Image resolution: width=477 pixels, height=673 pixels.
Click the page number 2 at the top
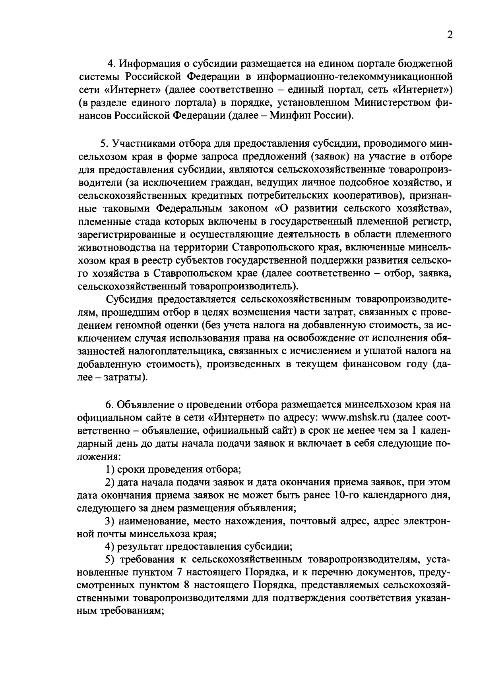(x=450, y=35)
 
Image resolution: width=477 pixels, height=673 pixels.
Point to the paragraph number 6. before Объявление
(x=109, y=405)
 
